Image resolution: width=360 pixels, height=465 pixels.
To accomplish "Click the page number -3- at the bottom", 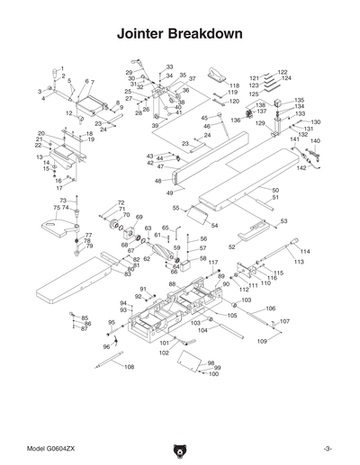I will tap(328, 447).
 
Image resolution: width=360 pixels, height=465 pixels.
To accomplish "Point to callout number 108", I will tap(129, 367).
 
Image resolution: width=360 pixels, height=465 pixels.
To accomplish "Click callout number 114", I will tap(304, 252).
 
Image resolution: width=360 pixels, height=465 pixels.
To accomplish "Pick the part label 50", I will tap(275, 191).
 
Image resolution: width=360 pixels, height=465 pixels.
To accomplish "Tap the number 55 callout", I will tap(176, 208).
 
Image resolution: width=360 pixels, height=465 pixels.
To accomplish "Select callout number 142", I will tap(301, 168).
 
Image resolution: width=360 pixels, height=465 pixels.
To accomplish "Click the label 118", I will tap(234, 85).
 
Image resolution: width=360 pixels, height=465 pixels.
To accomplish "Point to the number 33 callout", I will tap(169, 67).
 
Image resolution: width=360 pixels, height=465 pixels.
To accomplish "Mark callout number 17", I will tap(59, 188).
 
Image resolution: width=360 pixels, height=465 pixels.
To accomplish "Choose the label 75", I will tap(56, 208).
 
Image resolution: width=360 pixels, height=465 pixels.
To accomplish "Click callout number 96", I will tap(106, 346).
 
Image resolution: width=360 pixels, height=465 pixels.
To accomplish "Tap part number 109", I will tap(263, 342).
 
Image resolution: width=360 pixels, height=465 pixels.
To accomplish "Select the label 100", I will tap(213, 373).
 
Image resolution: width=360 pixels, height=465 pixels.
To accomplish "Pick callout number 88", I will tap(172, 284).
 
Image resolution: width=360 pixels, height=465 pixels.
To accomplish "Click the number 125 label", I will tap(254, 93).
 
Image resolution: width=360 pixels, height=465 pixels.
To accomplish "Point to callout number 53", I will tap(283, 221).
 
